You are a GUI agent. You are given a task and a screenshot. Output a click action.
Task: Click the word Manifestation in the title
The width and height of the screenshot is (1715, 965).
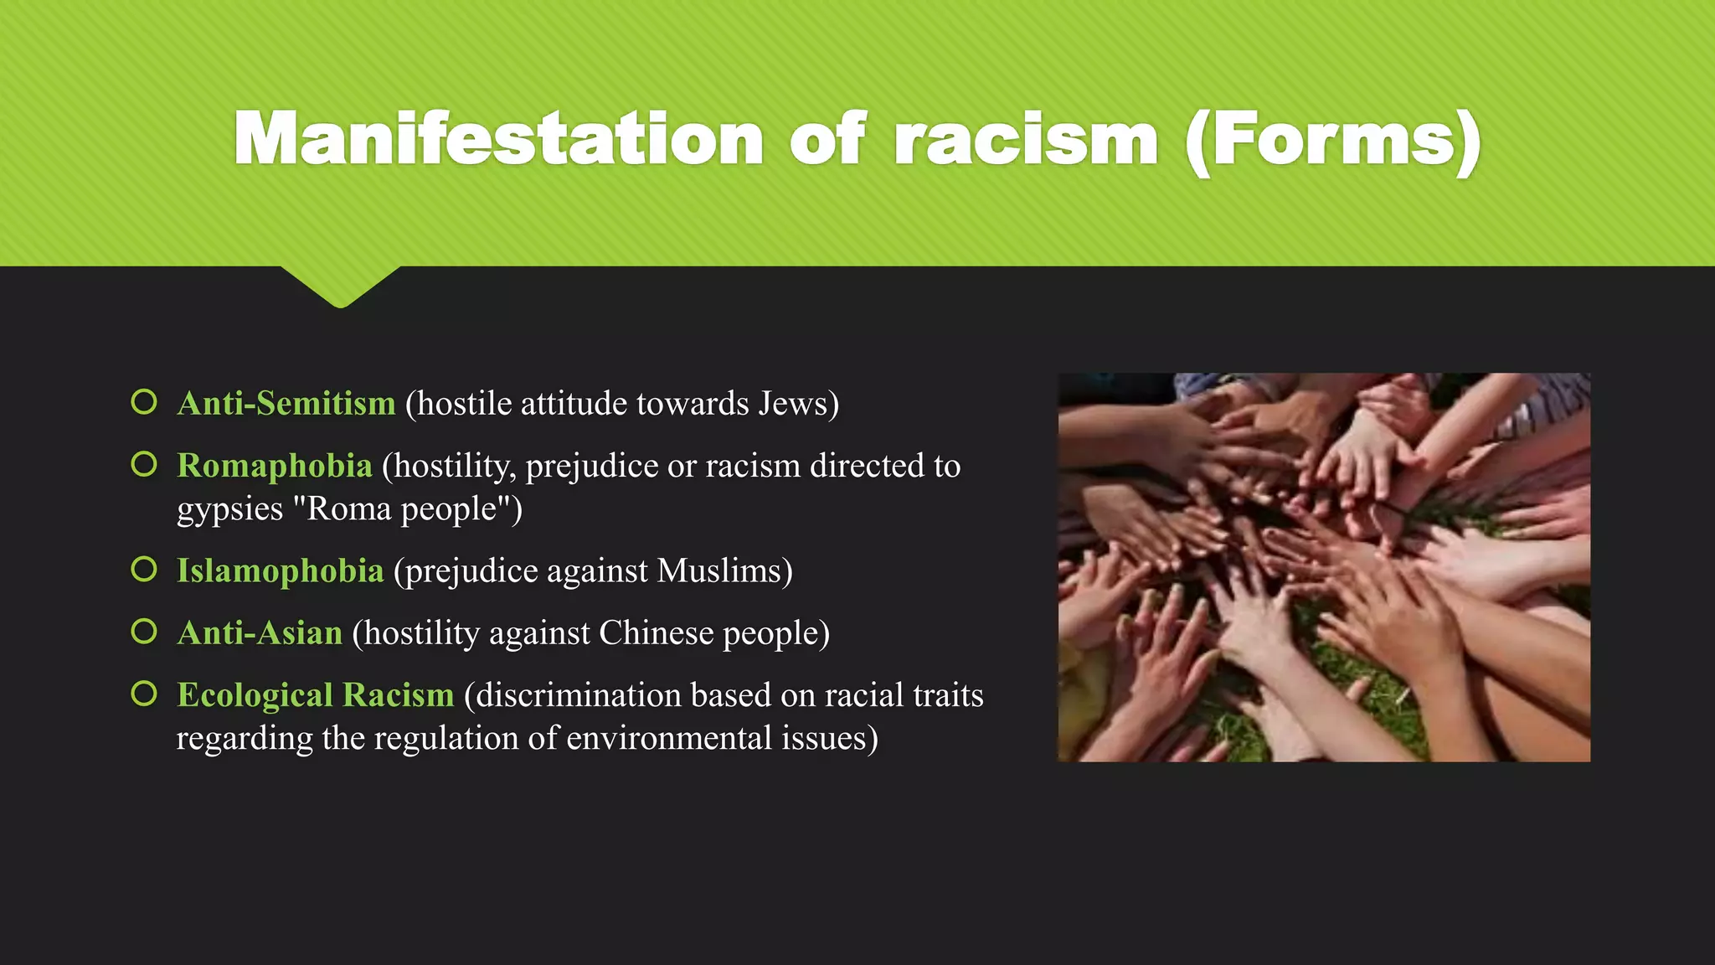(x=498, y=139)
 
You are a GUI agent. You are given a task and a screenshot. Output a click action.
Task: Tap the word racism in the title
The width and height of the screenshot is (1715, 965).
(x=1027, y=139)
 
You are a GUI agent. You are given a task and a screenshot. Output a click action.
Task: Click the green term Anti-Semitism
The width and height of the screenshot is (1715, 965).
(x=286, y=404)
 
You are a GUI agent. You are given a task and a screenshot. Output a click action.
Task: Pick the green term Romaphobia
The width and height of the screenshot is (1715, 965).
(x=275, y=466)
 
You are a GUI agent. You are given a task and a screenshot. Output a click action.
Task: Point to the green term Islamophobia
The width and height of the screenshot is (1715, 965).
(x=281, y=571)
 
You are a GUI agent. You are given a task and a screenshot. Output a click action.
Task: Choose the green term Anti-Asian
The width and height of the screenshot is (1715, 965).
(x=260, y=633)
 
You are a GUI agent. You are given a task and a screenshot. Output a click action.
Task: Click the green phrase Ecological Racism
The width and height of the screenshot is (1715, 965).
(x=316, y=695)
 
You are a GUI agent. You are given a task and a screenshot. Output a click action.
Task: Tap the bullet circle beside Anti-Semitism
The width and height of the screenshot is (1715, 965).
(x=144, y=402)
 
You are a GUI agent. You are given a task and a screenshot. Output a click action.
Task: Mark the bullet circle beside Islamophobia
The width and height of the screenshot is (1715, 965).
(x=144, y=570)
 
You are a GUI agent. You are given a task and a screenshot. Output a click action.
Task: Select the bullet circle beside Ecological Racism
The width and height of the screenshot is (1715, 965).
(x=144, y=694)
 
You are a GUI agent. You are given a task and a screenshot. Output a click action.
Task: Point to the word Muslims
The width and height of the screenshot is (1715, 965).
(x=719, y=571)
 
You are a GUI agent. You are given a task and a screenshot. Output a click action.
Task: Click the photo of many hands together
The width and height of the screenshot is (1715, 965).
(x=1324, y=567)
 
